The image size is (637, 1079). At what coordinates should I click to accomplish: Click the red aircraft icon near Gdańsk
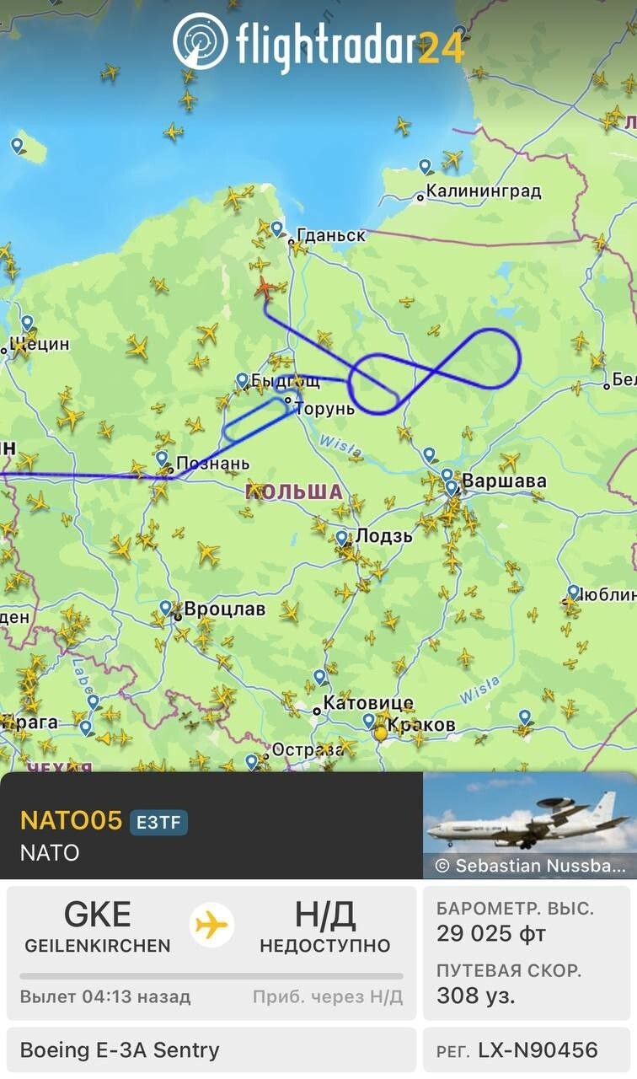coord(265,287)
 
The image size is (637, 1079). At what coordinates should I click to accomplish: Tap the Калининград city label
coord(483,191)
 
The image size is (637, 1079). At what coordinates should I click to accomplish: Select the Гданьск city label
coord(331,235)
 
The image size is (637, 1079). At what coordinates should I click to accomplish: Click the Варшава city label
coord(504,481)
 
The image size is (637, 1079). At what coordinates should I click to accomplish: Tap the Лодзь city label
coord(383,535)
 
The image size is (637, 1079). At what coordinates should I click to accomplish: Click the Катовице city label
coord(368,702)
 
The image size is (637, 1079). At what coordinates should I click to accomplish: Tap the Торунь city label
coord(324,409)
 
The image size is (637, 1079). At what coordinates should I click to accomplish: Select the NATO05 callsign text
coord(71,820)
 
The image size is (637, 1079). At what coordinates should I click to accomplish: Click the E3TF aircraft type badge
coord(158,821)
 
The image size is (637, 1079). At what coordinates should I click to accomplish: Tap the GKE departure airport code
coord(98,915)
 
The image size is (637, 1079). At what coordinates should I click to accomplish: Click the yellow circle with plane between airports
coord(212,925)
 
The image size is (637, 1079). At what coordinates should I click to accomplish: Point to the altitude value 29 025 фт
coord(491,934)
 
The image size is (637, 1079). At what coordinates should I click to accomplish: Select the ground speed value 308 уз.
coord(475,996)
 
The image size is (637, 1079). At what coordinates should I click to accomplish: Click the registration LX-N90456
coord(537,1050)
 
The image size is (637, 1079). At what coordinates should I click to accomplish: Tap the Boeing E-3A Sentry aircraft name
coord(120,1050)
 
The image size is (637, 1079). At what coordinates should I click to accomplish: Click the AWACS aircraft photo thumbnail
coord(529,826)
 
